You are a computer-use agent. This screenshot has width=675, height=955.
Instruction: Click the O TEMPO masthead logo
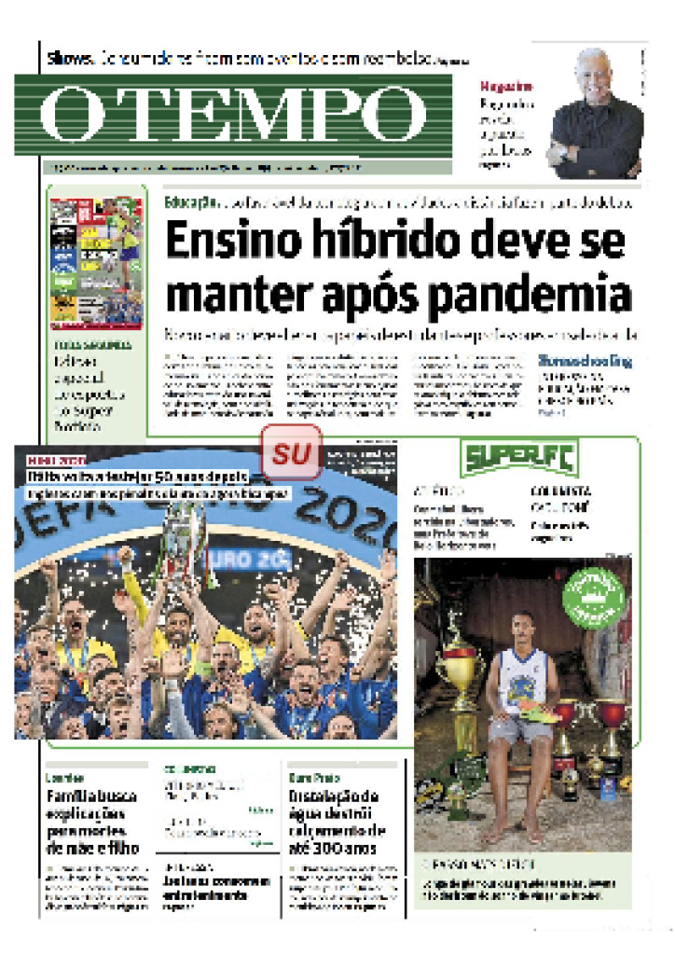pos(233,114)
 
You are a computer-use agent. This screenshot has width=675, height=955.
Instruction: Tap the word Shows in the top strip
pos(71,59)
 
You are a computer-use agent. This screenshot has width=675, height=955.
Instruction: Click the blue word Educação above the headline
pos(190,202)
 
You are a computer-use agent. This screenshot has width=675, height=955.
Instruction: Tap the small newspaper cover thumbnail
pos(96,263)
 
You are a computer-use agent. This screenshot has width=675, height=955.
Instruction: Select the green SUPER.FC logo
pos(519,457)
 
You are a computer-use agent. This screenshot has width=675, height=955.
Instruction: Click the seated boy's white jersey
pos(522,681)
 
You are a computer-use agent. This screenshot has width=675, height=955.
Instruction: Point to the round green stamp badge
pos(593,597)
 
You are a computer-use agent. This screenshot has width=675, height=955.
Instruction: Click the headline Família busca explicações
pos(92,822)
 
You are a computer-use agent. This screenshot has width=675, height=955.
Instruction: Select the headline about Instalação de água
pos(333,822)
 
